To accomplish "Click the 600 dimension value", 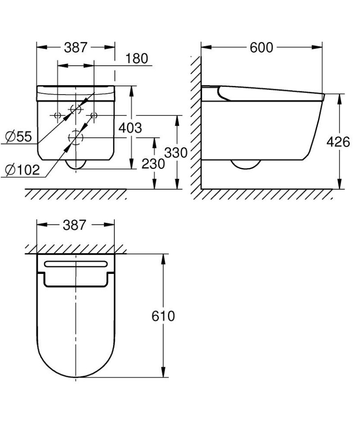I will pyautogui.click(x=261, y=47).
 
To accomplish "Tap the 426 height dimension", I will pyautogui.click(x=338, y=142).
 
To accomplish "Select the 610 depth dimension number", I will pyautogui.click(x=162, y=316).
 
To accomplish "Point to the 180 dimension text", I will pyautogui.click(x=136, y=59).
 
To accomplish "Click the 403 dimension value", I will pyautogui.click(x=130, y=128).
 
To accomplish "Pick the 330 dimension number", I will pyautogui.click(x=175, y=153).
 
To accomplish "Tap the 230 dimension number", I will pyautogui.click(x=153, y=164).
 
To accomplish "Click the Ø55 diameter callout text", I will pyautogui.click(x=18, y=136).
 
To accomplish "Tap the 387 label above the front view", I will pyautogui.click(x=76, y=47).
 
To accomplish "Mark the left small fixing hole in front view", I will pyautogui.click(x=57, y=115).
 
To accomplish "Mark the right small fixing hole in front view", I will pyautogui.click(x=94, y=115).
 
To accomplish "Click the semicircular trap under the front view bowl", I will pyautogui.click(x=75, y=164).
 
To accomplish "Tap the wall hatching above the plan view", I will pyautogui.click(x=75, y=249).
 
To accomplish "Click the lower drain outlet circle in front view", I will pyautogui.click(x=75, y=137).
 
